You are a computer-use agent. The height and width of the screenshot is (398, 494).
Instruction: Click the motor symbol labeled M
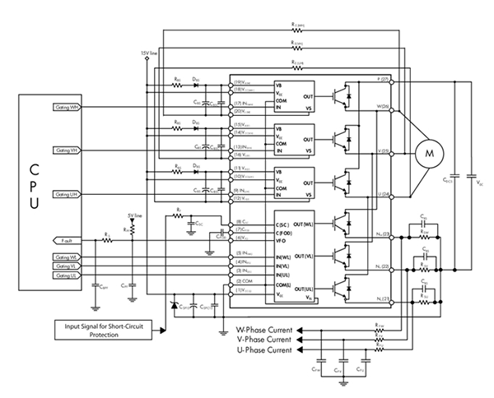[427, 151]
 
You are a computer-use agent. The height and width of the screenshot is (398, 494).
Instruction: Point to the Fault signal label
[68, 240]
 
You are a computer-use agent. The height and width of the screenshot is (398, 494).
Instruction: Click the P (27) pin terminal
[385, 80]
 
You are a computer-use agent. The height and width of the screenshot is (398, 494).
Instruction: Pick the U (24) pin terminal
[384, 194]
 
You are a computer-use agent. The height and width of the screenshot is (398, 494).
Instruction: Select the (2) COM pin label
[243, 281]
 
